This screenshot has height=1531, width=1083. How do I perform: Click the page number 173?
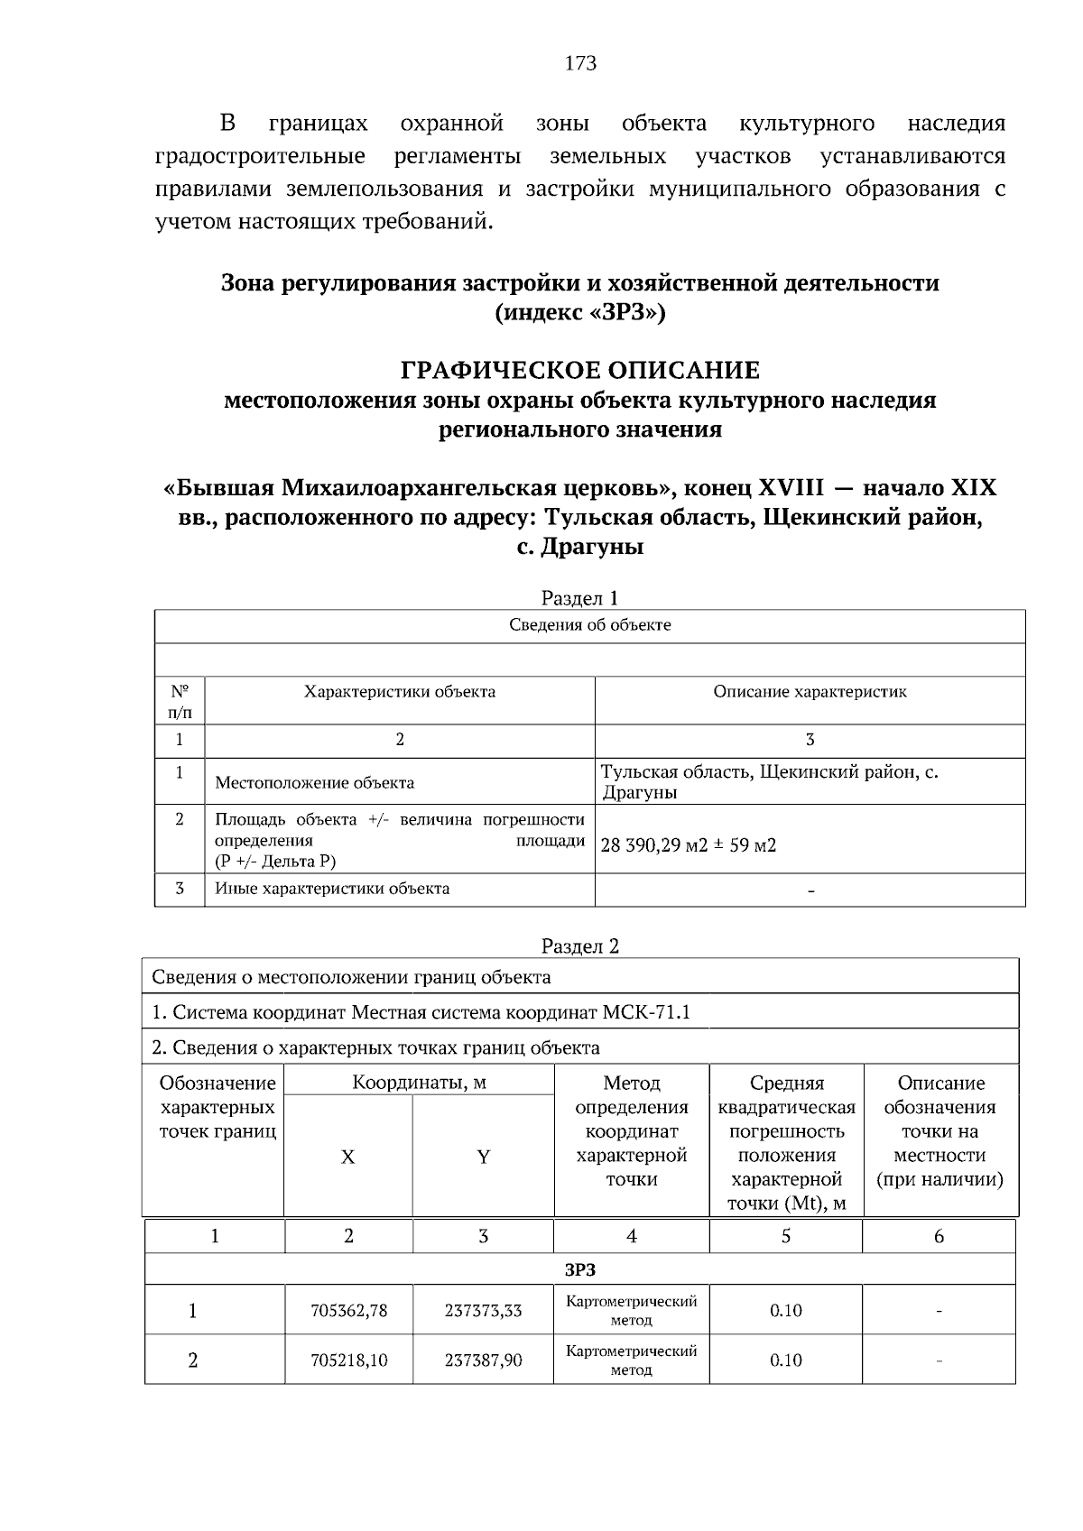tap(580, 63)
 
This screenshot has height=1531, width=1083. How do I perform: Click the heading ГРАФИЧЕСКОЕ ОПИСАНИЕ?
tap(579, 370)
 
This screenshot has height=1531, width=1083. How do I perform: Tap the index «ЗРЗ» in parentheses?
tap(580, 312)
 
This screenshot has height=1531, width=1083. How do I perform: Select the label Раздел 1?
tap(579, 598)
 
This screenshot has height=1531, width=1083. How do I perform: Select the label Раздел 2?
tap(579, 946)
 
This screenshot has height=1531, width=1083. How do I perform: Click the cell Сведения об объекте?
tap(589, 625)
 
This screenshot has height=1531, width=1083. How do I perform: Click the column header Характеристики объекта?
tap(399, 692)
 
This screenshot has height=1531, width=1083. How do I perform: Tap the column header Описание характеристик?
tap(810, 692)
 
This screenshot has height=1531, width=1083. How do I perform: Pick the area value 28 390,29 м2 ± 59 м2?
tap(688, 845)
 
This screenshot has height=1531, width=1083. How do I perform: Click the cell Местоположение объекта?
tap(314, 782)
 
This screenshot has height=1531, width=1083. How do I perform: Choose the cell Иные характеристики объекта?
tap(331, 889)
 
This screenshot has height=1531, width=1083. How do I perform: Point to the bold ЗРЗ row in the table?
tap(579, 1270)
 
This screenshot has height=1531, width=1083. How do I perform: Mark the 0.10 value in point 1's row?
tap(785, 1311)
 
